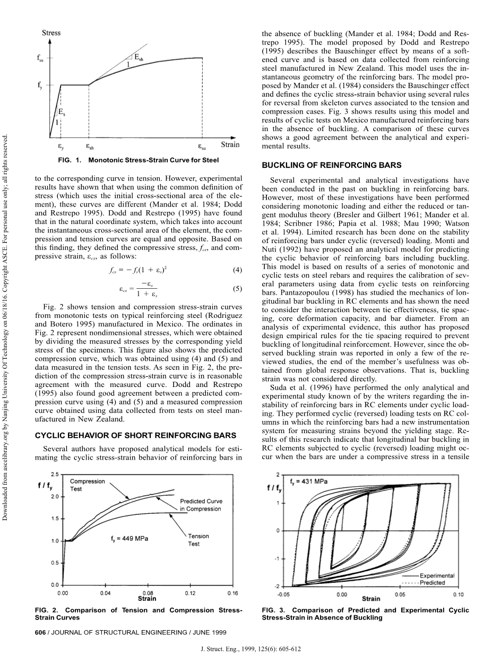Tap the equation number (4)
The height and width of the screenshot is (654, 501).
(x=237, y=270)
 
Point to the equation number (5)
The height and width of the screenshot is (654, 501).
(x=237, y=289)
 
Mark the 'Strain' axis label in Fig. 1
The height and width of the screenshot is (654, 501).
(x=229, y=144)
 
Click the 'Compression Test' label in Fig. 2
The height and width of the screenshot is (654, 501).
(x=88, y=485)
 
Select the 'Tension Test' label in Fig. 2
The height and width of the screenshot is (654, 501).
(x=198, y=540)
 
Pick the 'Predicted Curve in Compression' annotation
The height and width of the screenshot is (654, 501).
(x=201, y=505)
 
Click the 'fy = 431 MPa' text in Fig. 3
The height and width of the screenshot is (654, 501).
(x=308, y=482)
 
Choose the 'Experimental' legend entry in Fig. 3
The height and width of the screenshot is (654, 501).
(x=437, y=575)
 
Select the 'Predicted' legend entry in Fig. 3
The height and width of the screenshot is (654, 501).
(x=433, y=582)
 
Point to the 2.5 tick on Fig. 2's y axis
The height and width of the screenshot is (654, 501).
(x=55, y=474)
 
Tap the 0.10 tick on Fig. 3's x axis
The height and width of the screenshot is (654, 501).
(x=458, y=595)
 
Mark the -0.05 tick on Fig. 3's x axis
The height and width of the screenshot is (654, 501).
(x=283, y=595)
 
